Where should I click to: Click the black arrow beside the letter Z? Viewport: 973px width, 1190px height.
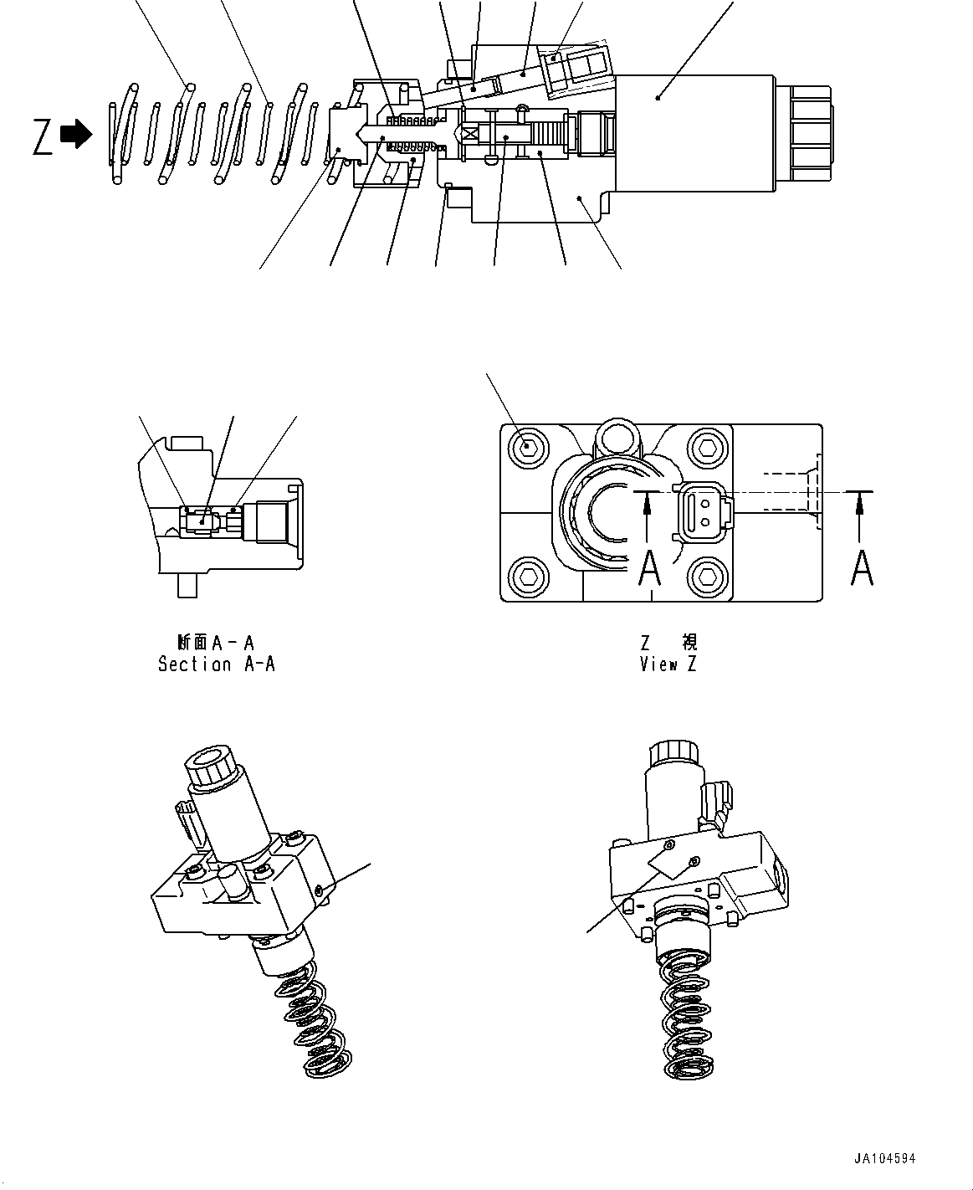[77, 135]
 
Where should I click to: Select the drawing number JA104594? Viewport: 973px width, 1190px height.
[884, 1159]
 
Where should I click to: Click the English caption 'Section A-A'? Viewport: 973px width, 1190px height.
[217, 664]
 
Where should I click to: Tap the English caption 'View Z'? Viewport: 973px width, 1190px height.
[668, 664]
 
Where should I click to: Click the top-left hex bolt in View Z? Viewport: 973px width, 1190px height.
[527, 446]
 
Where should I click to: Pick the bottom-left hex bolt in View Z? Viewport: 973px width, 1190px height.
[527, 575]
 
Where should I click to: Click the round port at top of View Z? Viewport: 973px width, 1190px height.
[617, 434]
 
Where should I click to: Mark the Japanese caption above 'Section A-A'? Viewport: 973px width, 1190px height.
[216, 643]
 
